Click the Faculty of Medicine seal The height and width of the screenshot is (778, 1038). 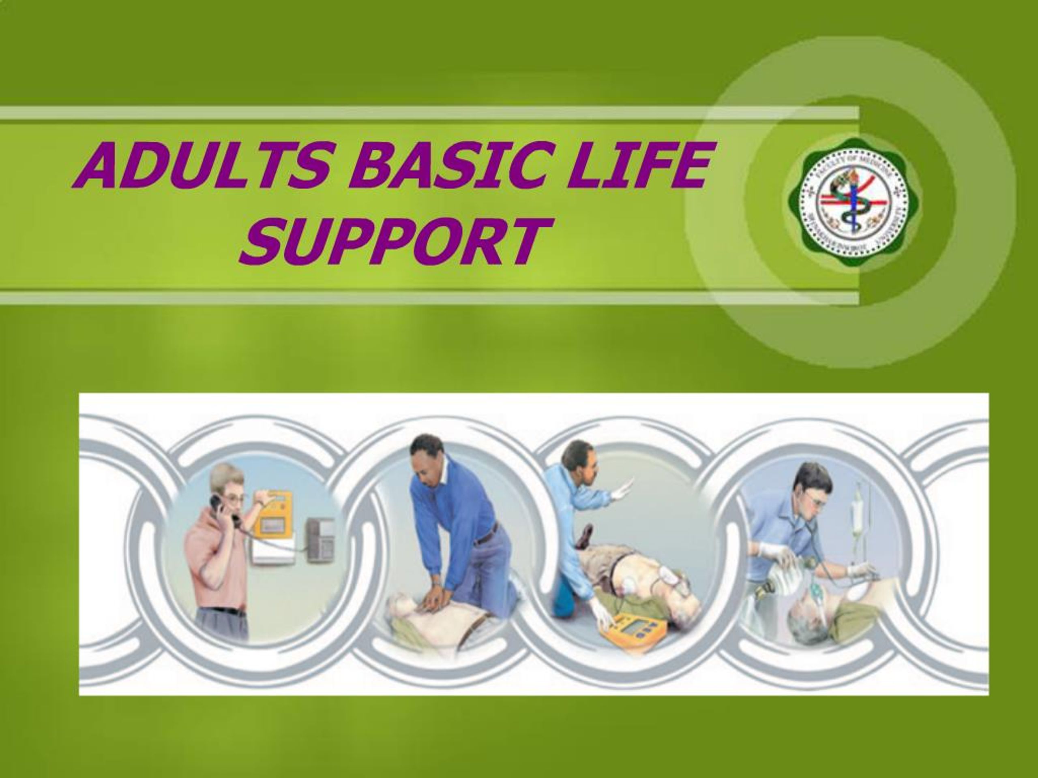(853, 202)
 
